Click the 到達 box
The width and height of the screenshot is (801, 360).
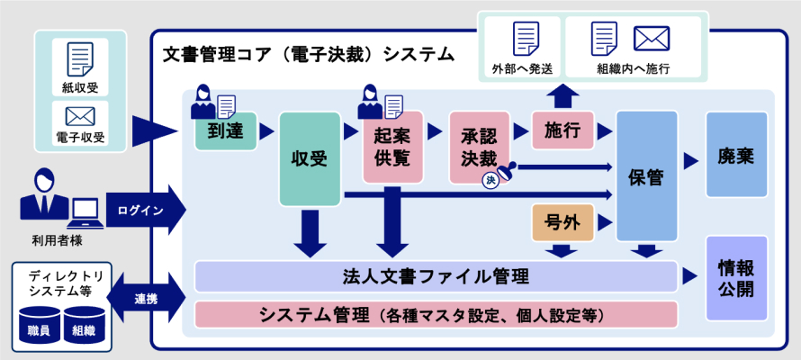pos(226,132)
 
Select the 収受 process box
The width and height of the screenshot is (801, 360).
pos(310,159)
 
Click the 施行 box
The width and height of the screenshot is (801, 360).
pos(562,131)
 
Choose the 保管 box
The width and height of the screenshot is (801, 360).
pos(647,176)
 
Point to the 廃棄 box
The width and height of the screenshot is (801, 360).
pos(736,155)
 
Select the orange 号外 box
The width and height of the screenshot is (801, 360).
pos(562,223)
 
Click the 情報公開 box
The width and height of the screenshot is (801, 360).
pos(736,278)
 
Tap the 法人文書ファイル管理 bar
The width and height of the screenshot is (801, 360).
pos(436,275)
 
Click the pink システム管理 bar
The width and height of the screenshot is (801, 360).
pos(436,315)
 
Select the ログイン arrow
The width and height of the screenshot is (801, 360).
pos(144,211)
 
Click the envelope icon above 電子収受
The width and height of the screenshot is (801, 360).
pos(80,116)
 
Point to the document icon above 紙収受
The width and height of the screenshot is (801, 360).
pos(80,59)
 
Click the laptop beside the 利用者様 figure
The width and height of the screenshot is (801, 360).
pos(85,212)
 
